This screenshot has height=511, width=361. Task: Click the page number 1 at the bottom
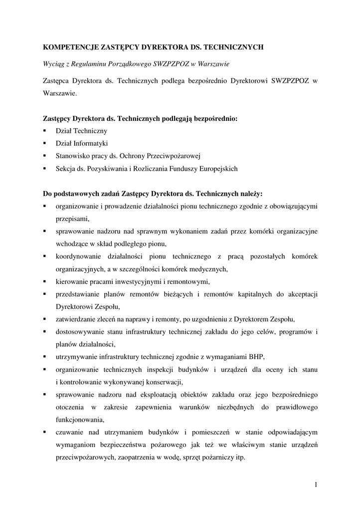(316, 483)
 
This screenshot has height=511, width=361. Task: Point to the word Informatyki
(91, 143)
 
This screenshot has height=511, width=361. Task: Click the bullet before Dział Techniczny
(44, 131)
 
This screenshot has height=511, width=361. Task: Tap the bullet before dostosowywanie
(44, 332)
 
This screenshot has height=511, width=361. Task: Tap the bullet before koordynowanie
(44, 256)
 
